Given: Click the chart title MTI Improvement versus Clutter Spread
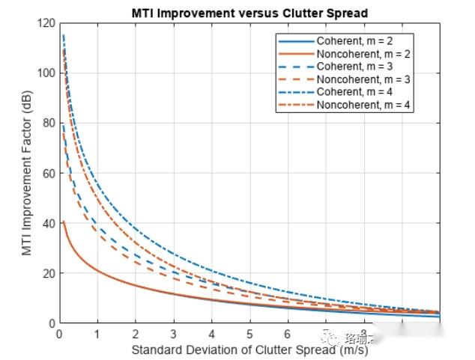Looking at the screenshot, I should (249, 13).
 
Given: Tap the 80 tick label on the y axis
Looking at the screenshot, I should (49, 123).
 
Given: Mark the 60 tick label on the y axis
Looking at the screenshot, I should (49, 174).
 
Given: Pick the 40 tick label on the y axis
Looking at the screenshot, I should (49, 224).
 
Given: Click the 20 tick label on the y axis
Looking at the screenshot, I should (49, 273).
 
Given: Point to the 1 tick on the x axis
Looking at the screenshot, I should (97, 335).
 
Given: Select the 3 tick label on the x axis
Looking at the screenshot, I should (173, 335).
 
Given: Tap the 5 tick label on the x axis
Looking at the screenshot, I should (249, 335).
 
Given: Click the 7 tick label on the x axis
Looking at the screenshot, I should (326, 335).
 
